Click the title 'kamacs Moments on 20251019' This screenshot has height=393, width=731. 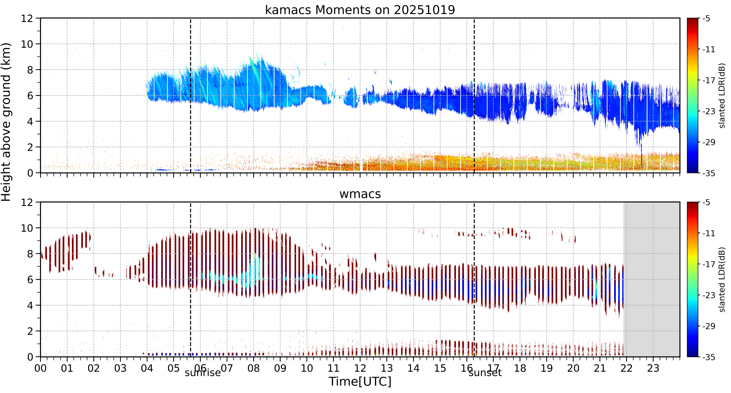click(360, 10)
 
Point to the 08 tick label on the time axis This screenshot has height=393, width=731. click(253, 368)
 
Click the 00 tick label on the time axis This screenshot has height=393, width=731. click(41, 368)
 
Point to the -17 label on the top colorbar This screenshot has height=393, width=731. click(708, 81)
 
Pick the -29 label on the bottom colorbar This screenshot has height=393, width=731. click(708, 326)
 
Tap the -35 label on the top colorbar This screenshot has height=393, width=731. click(708, 173)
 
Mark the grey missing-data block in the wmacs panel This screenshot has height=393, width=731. click(652, 279)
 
